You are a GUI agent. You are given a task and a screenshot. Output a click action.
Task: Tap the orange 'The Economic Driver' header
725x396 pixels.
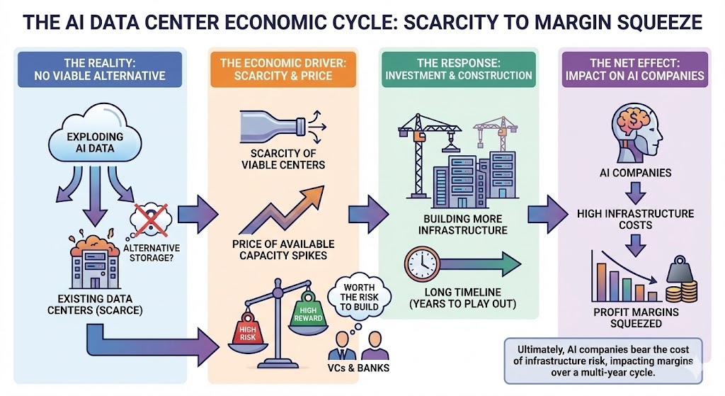pyautogui.click(x=282, y=69)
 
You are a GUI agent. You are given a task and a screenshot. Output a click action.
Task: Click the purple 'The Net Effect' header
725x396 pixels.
pyautogui.click(x=635, y=69)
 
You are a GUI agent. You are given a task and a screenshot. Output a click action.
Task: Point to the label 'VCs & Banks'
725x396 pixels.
pyautogui.click(x=358, y=369)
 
